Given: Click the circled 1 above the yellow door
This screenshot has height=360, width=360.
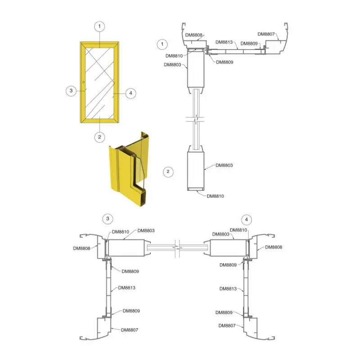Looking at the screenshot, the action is coord(99,27).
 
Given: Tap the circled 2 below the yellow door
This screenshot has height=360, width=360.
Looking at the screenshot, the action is coord(99,137).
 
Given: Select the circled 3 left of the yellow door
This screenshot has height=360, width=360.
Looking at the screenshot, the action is coord(71,91).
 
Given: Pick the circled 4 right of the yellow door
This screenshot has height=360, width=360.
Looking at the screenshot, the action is coord(130,93).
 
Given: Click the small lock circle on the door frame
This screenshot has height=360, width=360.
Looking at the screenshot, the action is coord(83,82).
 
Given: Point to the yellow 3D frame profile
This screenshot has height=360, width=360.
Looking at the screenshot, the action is coord(129,169).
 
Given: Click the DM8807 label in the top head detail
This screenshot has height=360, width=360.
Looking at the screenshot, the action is coord(266,34).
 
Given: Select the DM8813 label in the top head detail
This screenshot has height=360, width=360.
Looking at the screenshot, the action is coord(224,42).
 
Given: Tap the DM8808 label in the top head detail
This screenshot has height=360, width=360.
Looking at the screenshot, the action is coord(194,35).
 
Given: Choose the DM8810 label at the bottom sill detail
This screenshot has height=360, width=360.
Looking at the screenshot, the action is coord(215,196).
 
